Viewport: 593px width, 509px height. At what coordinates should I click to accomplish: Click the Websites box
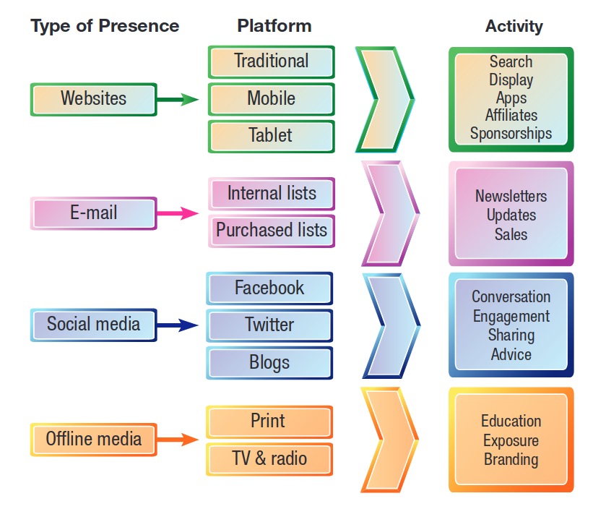93,99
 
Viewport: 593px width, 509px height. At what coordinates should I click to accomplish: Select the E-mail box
93,213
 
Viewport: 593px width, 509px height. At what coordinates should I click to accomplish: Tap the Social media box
93,324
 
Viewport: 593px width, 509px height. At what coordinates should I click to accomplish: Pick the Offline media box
93,439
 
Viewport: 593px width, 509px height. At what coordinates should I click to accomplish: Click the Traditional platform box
271,61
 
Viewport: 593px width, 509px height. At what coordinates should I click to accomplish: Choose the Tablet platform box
271,136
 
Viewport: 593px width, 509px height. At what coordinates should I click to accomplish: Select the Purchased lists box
271,231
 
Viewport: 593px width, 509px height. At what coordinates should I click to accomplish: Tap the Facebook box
269,288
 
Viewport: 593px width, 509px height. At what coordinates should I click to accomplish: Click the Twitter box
269,325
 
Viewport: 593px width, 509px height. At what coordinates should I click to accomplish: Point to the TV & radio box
269,458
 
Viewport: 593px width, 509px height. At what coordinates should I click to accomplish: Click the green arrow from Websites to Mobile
178,100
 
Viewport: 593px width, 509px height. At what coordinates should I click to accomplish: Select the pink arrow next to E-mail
178,213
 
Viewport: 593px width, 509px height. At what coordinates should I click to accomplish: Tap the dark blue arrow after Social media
178,325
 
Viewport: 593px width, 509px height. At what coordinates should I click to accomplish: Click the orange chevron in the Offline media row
389,440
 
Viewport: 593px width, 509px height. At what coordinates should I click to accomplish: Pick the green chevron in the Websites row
386,99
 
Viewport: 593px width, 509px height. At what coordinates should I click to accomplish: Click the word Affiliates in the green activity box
511,116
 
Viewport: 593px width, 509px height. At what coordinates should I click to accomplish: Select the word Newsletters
511,196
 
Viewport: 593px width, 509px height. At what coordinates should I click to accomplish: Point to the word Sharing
511,335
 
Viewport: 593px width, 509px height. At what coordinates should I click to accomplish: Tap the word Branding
511,459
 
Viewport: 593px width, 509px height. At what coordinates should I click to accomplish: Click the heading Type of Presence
105,26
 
